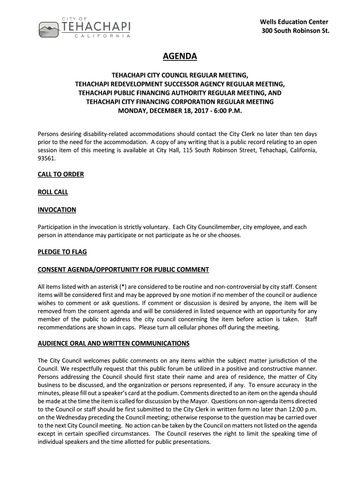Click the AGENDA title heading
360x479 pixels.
[180, 57]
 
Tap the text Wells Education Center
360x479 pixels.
[294, 22]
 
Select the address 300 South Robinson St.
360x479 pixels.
[295, 31]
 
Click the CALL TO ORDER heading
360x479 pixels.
[61, 174]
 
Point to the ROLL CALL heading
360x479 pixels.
[53, 192]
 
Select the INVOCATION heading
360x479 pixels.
[57, 210]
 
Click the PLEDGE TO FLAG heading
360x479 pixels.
[62, 252]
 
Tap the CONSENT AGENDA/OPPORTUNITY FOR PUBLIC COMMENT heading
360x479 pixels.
[123, 269]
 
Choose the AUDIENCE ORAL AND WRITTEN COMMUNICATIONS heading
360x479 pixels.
[113, 343]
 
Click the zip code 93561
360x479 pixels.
[46, 159]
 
